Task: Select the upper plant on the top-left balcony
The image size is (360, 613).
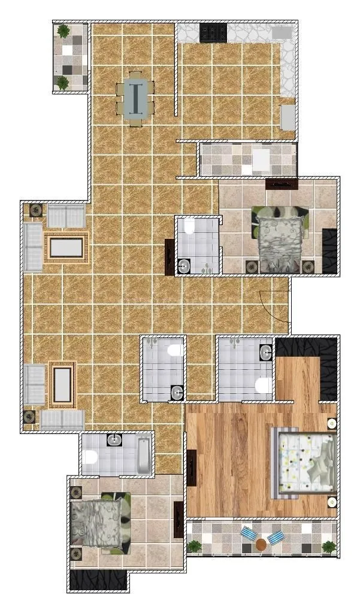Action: point(63,31)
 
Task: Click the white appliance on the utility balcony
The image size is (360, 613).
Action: point(262,160)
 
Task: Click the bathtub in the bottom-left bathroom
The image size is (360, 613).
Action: point(144,456)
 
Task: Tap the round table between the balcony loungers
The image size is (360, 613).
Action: point(261,544)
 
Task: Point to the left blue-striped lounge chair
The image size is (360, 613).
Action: point(247,534)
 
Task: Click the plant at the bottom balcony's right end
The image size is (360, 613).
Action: point(328,546)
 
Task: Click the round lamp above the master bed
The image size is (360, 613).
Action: point(331,423)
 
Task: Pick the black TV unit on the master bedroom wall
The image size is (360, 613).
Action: point(192,468)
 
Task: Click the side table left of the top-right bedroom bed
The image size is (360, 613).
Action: point(250,265)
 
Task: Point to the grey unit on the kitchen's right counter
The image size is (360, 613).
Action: point(288,117)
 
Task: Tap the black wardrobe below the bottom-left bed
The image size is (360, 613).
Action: point(98,579)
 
